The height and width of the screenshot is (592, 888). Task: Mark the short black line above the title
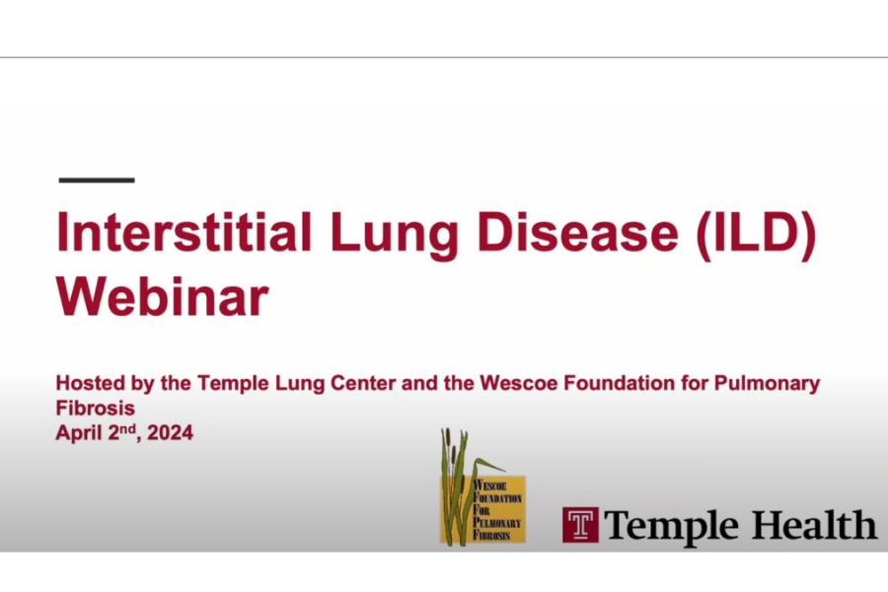(x=97, y=181)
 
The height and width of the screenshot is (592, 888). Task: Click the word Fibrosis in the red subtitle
(x=96, y=407)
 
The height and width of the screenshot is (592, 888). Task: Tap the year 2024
(x=169, y=432)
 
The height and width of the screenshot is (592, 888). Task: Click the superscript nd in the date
(x=126, y=427)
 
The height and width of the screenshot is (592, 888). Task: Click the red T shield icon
(x=580, y=524)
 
